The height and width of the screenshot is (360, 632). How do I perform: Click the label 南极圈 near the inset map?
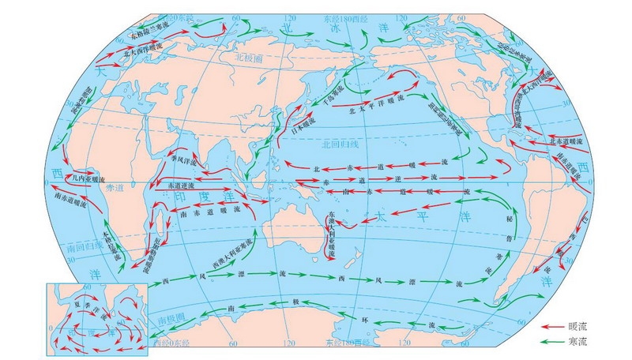[x=171, y=320]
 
